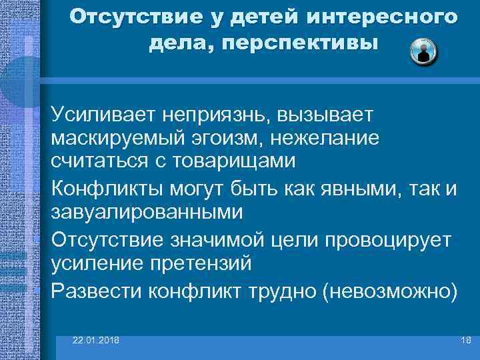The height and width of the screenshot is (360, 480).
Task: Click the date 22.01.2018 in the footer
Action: (96, 340)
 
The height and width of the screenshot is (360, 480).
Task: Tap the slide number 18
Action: (465, 340)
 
